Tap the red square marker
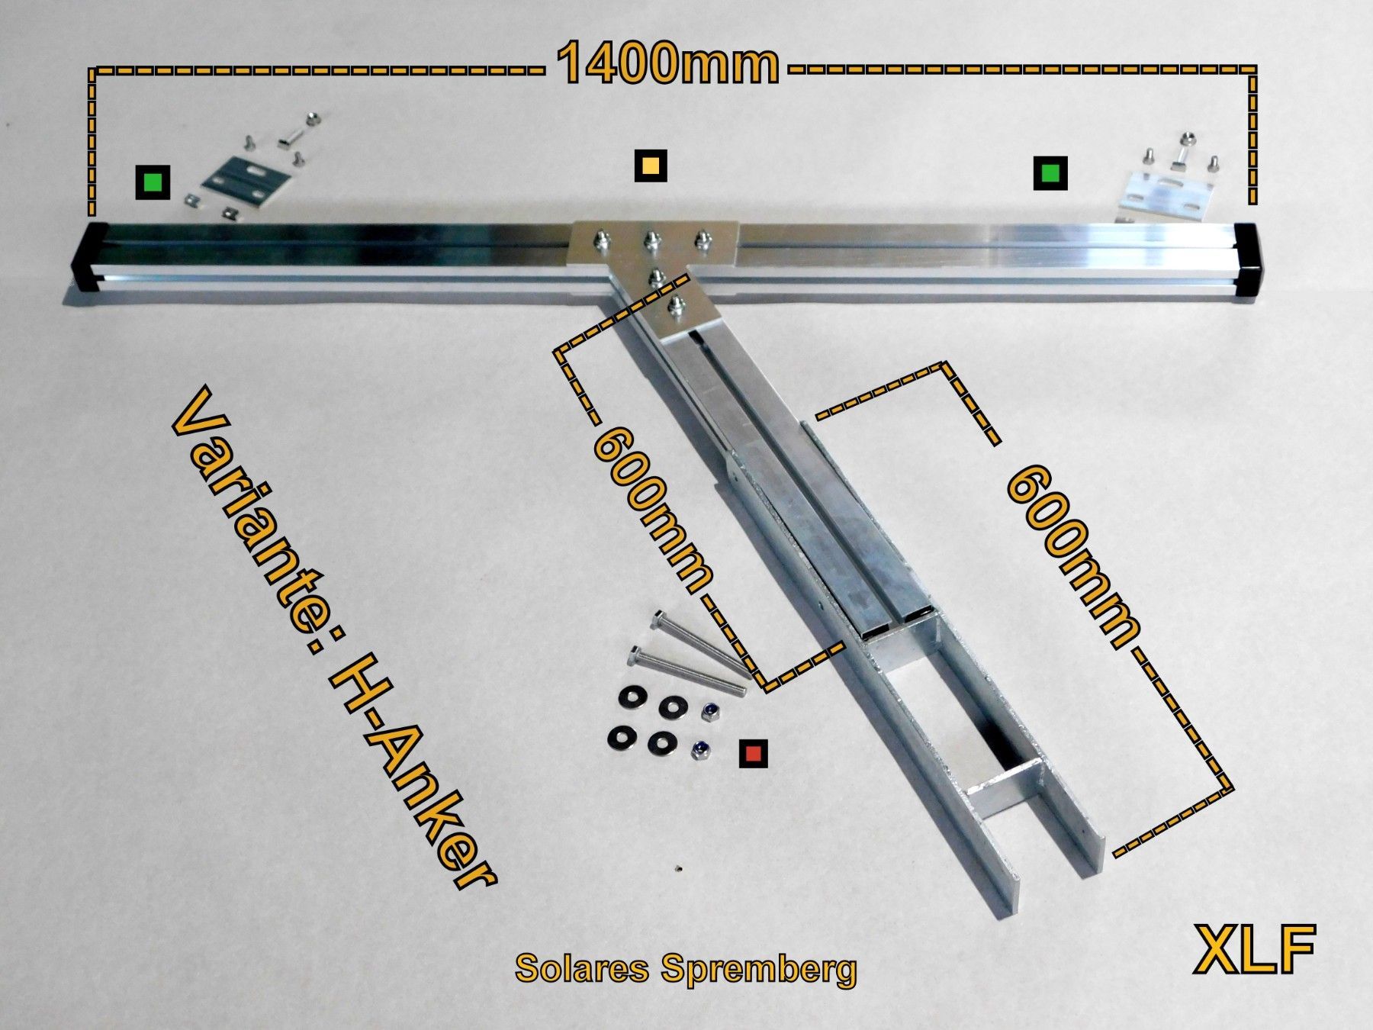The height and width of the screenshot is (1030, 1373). point(754,754)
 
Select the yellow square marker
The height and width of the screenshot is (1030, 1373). point(651,165)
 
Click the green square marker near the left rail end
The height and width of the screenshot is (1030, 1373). point(153,182)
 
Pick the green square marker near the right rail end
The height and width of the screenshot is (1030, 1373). point(1050,173)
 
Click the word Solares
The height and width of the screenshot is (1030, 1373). point(582,967)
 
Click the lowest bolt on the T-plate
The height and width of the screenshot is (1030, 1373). point(675,307)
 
